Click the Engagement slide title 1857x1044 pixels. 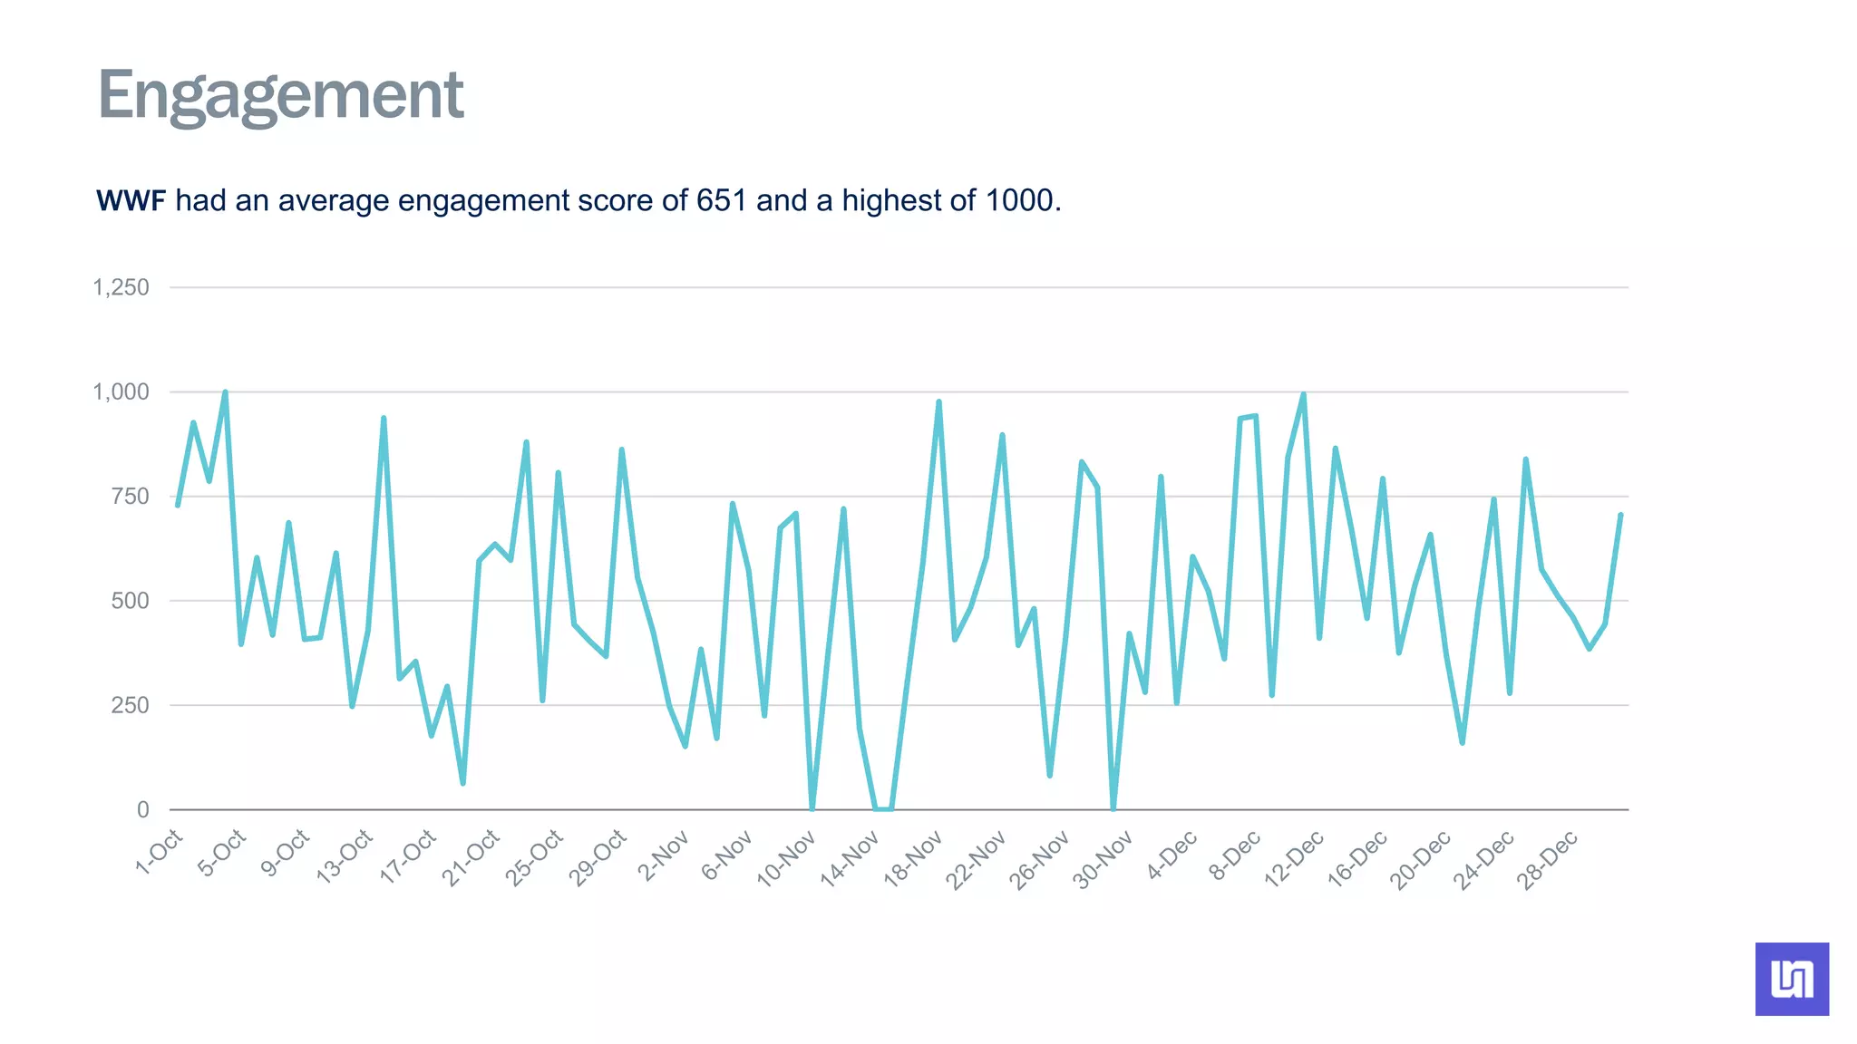pyautogui.click(x=280, y=96)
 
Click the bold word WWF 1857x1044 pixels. pyautogui.click(x=131, y=200)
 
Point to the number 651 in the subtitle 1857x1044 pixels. pyautogui.click(x=721, y=200)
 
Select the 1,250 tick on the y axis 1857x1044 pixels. pyautogui.click(x=121, y=288)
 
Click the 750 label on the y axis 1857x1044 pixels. pyautogui.click(x=130, y=497)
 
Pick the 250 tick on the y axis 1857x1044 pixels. pyautogui.click(x=130, y=705)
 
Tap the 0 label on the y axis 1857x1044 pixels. pyautogui.click(x=142, y=809)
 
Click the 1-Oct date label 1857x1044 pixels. pyautogui.click(x=160, y=852)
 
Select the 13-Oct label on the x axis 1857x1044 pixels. pyautogui.click(x=345, y=855)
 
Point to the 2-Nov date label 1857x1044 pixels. pyautogui.click(x=664, y=855)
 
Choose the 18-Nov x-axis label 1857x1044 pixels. pyautogui.click(x=913, y=858)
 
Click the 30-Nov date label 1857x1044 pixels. pyautogui.click(x=1104, y=858)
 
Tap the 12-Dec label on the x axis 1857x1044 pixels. pyautogui.click(x=1294, y=858)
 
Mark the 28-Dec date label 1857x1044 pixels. pyautogui.click(x=1548, y=858)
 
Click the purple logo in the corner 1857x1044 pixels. pyautogui.click(x=1791, y=979)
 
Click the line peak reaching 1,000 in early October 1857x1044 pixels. pyautogui.click(x=225, y=392)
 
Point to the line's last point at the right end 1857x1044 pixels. pyautogui.click(x=1620, y=515)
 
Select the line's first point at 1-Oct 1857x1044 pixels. pyautogui.click(x=178, y=505)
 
